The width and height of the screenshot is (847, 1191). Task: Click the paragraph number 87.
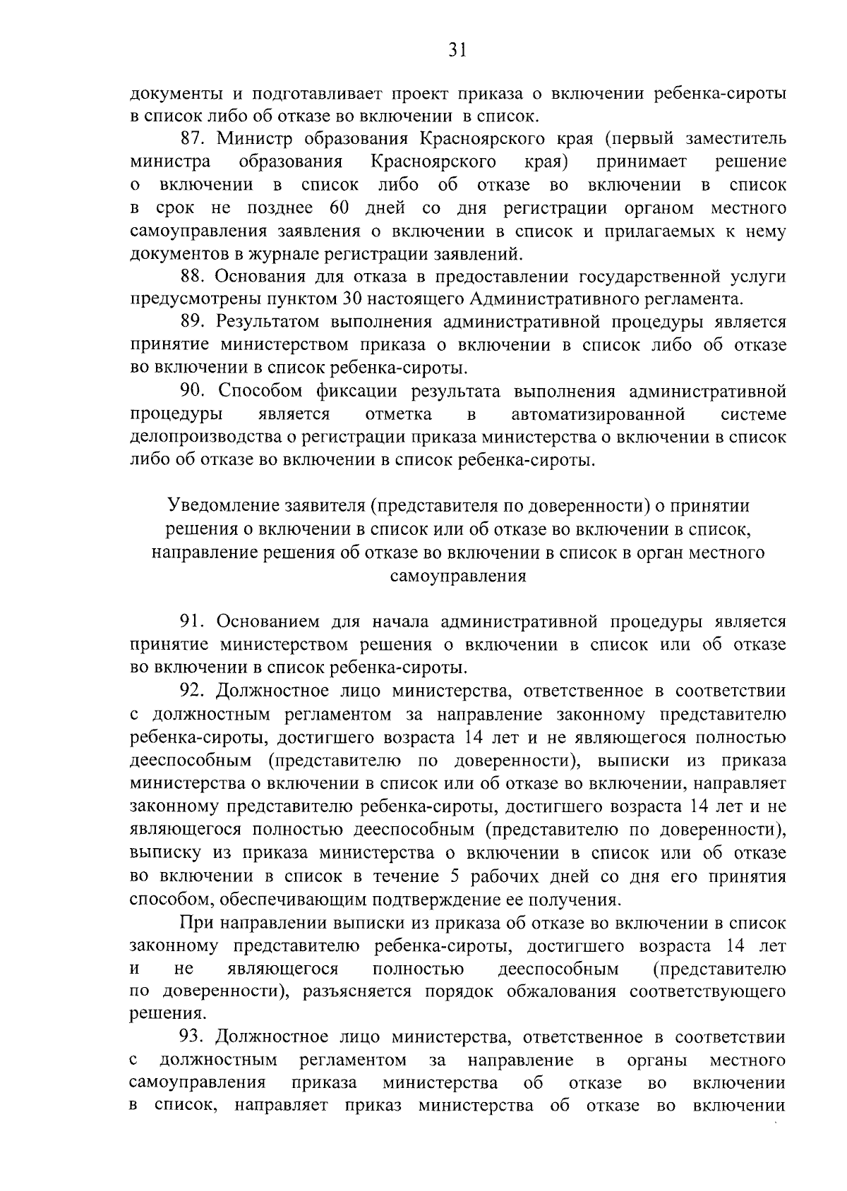(x=193, y=138)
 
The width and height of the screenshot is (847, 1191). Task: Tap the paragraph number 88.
(x=193, y=277)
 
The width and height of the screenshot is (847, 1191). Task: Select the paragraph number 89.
(x=193, y=322)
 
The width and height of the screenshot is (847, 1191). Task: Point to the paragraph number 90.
(x=193, y=392)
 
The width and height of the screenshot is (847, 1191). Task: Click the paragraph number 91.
(x=193, y=622)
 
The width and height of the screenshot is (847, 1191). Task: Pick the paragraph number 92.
(x=193, y=691)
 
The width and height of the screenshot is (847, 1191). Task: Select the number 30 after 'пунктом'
(x=353, y=299)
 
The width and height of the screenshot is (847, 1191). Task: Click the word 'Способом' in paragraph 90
(x=261, y=392)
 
